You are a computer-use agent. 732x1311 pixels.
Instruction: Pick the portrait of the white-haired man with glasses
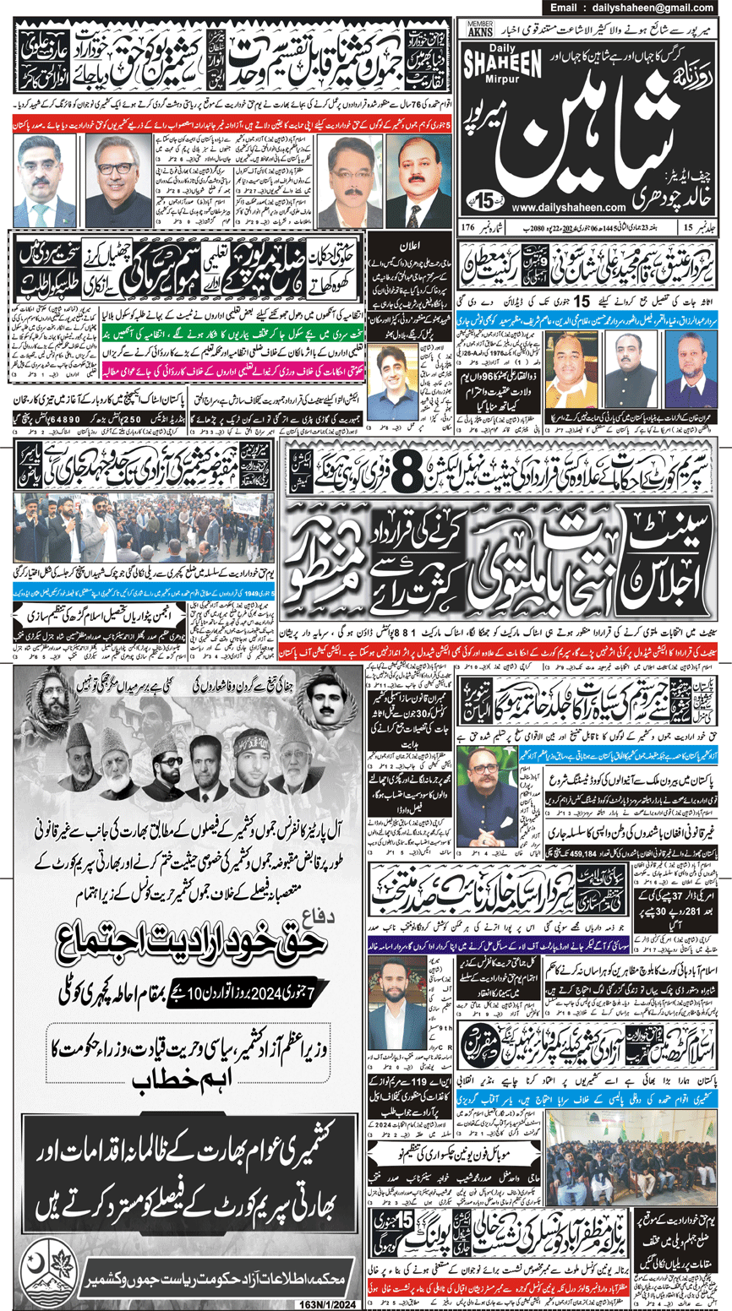point(117,180)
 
